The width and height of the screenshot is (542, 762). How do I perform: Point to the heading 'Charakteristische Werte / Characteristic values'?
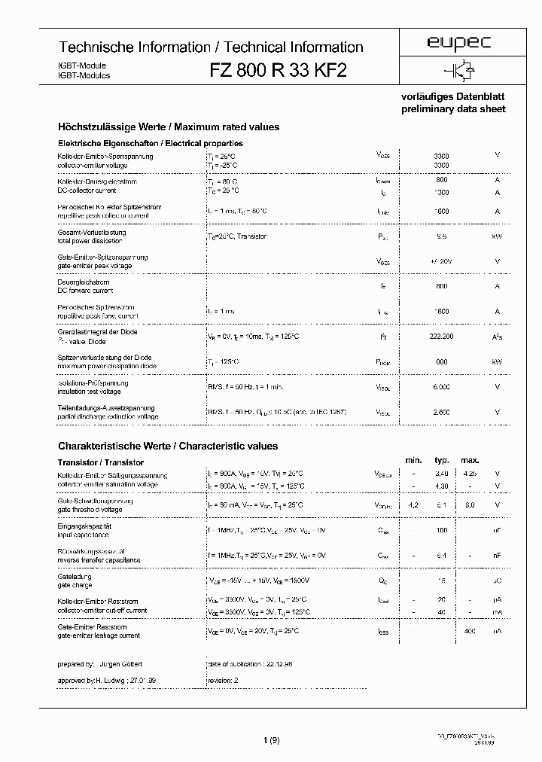[x=168, y=447]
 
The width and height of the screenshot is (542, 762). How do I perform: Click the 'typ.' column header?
[x=442, y=460]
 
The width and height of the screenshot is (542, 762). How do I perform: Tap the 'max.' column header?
[x=470, y=460]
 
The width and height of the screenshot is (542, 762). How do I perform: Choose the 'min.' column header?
[x=413, y=460]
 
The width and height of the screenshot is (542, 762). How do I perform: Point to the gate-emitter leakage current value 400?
[x=470, y=629]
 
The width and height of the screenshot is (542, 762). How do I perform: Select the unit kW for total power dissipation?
[x=497, y=236]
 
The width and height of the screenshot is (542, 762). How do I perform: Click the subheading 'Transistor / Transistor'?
[x=101, y=462]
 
